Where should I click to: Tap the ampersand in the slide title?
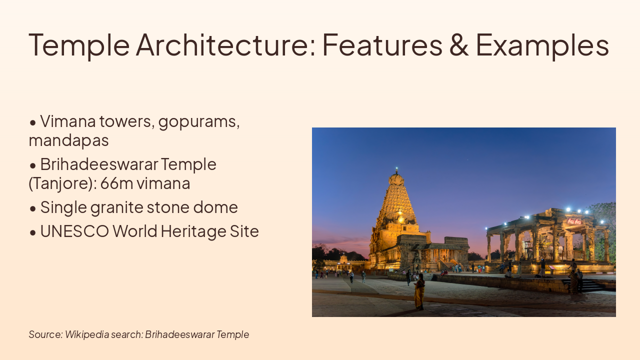(x=458, y=44)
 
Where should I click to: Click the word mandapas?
(x=68, y=140)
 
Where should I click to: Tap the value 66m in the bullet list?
(x=116, y=183)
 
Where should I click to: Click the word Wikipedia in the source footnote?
(x=86, y=334)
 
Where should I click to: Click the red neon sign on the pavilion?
(x=573, y=221)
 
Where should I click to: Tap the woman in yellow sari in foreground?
(x=419, y=291)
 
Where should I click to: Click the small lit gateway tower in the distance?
(x=343, y=260)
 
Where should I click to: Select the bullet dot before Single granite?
(x=32, y=208)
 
